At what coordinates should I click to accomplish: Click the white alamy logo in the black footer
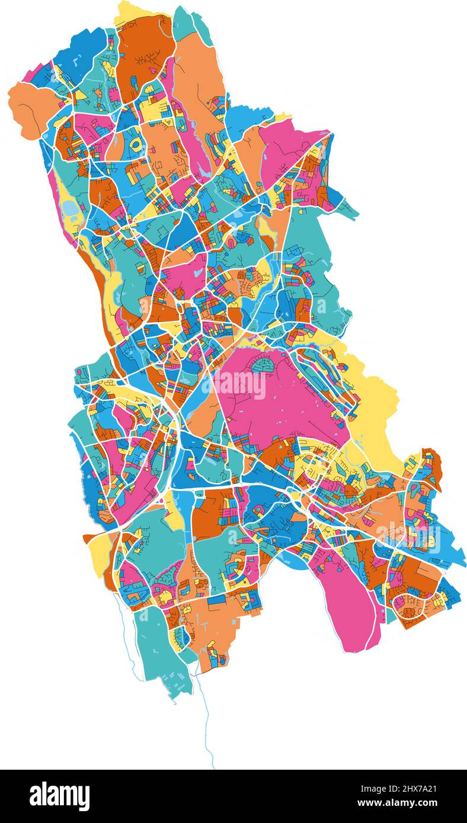tap(59, 796)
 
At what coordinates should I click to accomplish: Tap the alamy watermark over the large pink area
tap(239, 385)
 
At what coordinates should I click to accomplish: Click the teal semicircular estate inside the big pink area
tap(261, 367)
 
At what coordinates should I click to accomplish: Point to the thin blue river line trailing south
tap(207, 728)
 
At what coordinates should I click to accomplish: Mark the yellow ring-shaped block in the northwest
tap(136, 144)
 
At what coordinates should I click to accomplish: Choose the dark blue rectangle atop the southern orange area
tap(216, 599)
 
